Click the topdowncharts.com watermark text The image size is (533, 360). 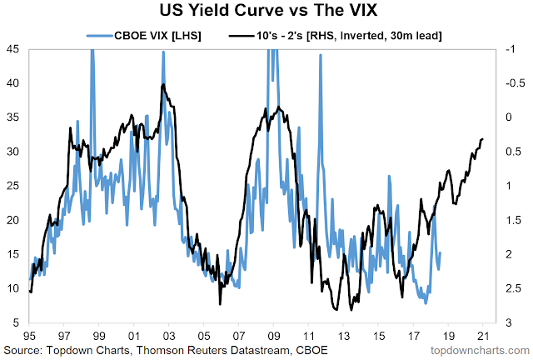(x=484, y=347)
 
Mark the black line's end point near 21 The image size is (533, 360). (x=483, y=139)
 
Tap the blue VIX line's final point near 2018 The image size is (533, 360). (x=441, y=252)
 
